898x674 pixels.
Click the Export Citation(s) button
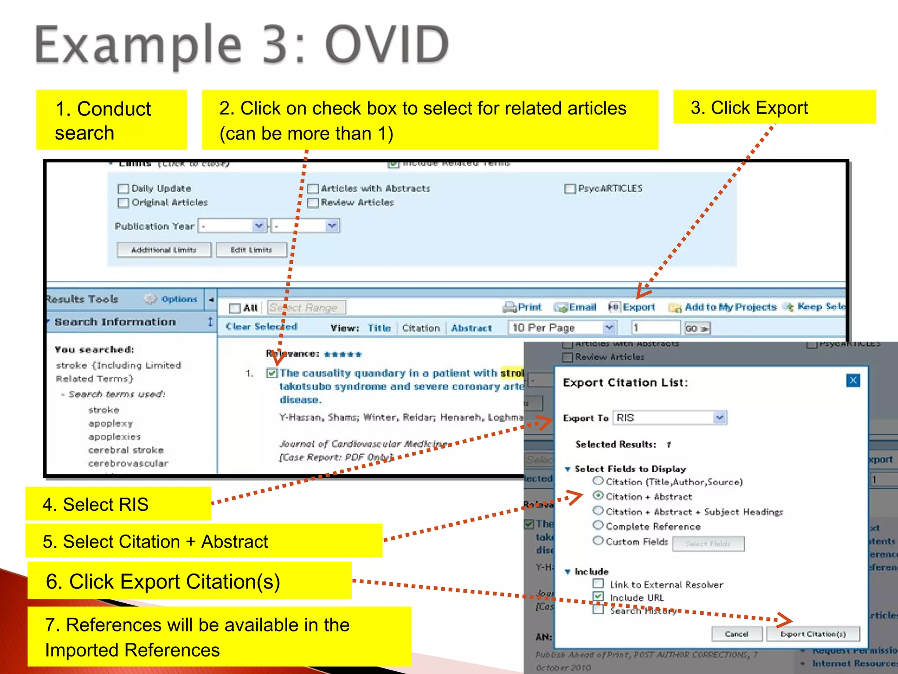click(x=812, y=634)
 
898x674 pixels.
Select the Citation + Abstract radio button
click(x=598, y=495)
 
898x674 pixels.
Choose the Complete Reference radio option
click(x=598, y=525)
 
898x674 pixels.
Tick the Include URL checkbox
click(x=598, y=597)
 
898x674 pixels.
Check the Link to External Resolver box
click(x=598, y=584)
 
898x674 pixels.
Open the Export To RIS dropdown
click(x=719, y=417)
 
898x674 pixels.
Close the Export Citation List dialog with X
click(x=853, y=380)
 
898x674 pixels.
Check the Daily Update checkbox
click(x=124, y=189)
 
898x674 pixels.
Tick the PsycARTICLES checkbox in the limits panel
click(x=570, y=189)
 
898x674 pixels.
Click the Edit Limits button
click(x=251, y=250)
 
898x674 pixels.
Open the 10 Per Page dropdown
click(x=609, y=327)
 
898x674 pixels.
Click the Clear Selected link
click(x=261, y=326)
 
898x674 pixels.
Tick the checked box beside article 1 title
click(x=272, y=373)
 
